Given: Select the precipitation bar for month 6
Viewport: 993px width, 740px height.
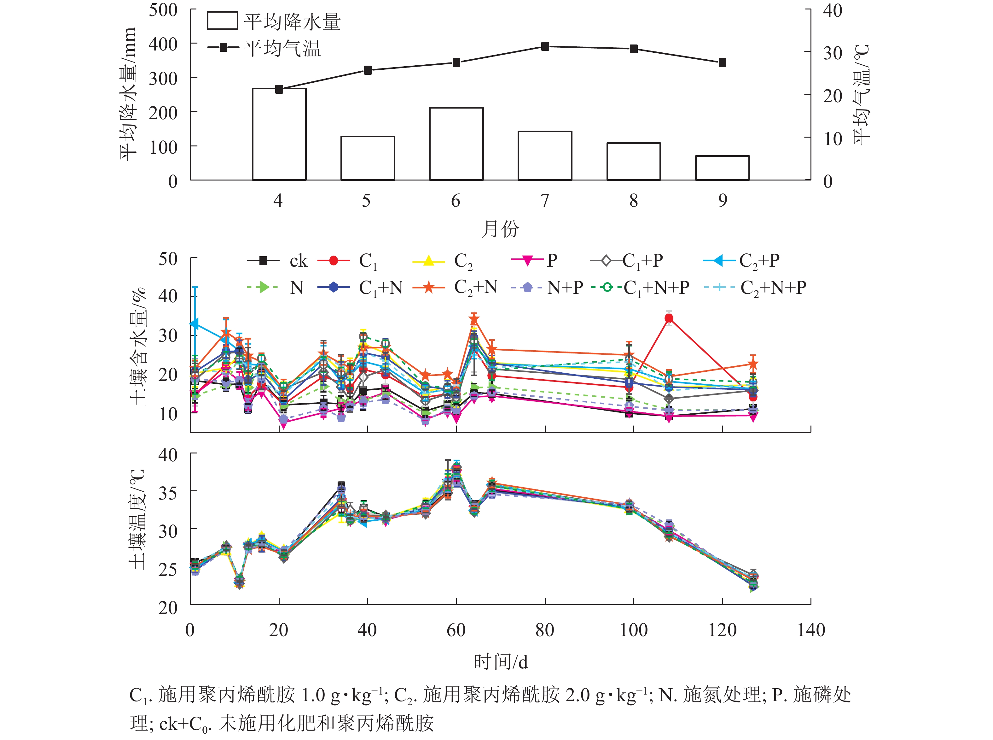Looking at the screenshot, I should pyautogui.click(x=456, y=144).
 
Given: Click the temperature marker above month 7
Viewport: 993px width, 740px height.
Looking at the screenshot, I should pyautogui.click(x=545, y=47).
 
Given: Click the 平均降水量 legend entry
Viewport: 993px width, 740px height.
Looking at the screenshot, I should pyautogui.click(x=273, y=21).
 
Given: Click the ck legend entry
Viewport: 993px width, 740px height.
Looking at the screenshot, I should pyautogui.click(x=277, y=261).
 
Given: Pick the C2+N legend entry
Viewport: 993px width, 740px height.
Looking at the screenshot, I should pyautogui.click(x=455, y=287).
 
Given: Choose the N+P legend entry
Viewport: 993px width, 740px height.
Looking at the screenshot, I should pyautogui.click(x=547, y=287).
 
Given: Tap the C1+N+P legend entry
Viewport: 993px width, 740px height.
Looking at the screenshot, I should pyautogui.click(x=640, y=287).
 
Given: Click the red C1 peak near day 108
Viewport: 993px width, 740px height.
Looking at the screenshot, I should pyautogui.click(x=669, y=318).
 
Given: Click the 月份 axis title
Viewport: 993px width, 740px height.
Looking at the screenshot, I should pyautogui.click(x=500, y=229).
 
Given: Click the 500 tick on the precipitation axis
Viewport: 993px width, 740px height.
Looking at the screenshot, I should pyautogui.click(x=163, y=10).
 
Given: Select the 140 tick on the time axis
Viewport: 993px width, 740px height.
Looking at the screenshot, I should pyautogui.click(x=810, y=630).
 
